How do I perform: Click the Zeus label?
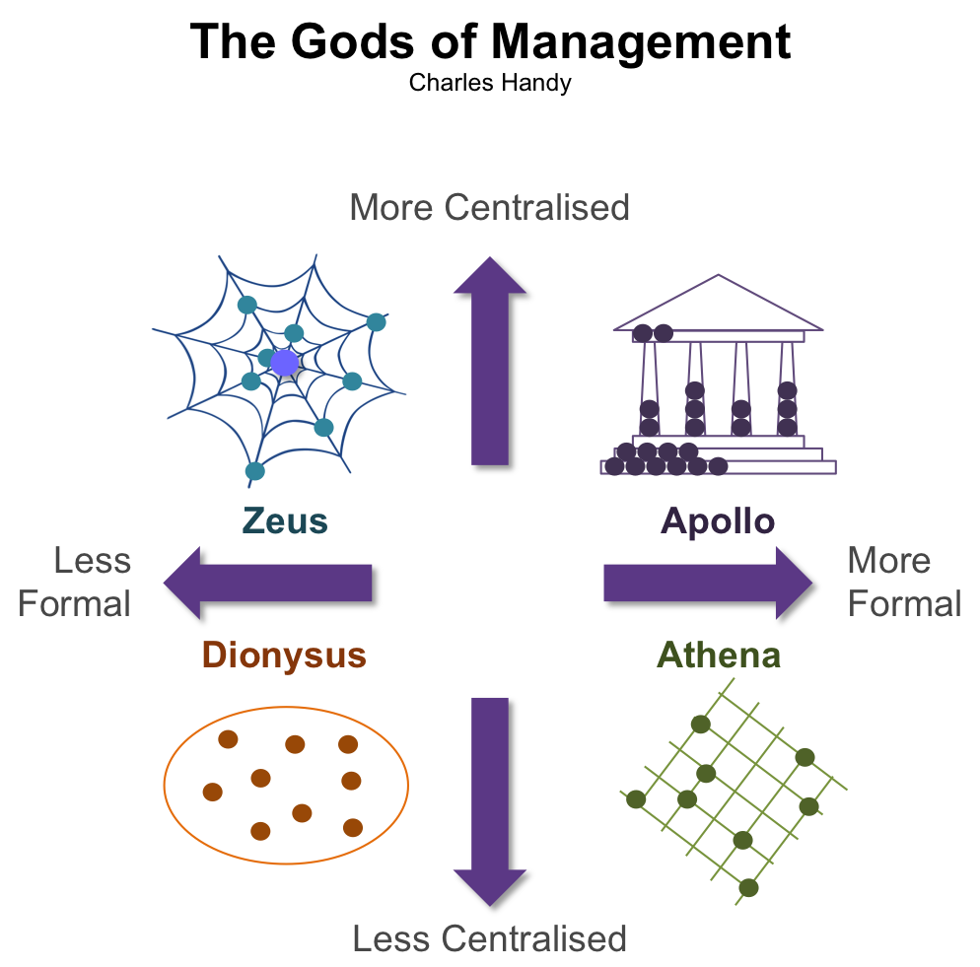(285, 520)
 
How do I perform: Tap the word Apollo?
(718, 520)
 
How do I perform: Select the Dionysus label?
(284, 656)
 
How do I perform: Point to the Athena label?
(719, 656)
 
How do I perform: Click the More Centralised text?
(489, 208)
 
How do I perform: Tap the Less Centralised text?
(489, 938)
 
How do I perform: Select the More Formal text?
(903, 582)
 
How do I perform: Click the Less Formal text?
(75, 582)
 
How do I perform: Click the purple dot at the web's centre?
(284, 364)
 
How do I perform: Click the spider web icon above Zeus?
(281, 370)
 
